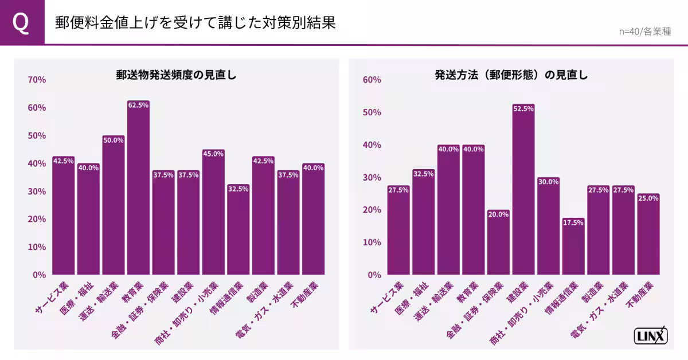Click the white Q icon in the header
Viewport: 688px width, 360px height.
pyautogui.click(x=22, y=22)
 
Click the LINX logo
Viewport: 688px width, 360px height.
pyautogui.click(x=651, y=336)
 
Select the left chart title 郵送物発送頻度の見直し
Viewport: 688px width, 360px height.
pyautogui.click(x=176, y=75)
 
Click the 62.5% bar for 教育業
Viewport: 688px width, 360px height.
pyautogui.click(x=138, y=189)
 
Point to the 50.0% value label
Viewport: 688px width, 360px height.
pyautogui.click(x=113, y=140)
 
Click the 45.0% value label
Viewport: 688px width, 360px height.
pyautogui.click(x=213, y=154)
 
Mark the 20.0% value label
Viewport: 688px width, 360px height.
pyautogui.click(x=498, y=214)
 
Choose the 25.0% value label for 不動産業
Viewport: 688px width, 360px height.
pyautogui.click(x=648, y=198)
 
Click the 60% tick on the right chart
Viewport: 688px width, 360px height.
pyautogui.click(x=372, y=80)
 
